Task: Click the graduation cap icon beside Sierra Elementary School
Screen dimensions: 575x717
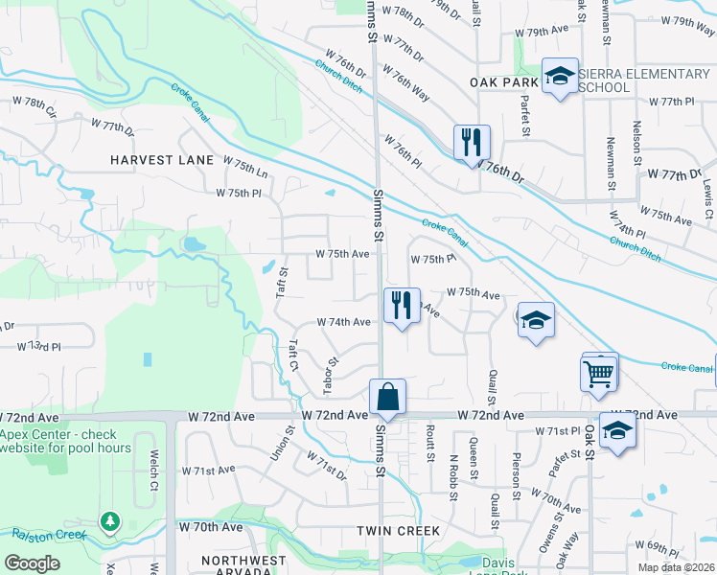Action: tap(559, 77)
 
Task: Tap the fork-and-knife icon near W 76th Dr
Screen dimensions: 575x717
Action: tap(472, 143)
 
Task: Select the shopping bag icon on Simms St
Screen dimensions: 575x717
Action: tap(387, 397)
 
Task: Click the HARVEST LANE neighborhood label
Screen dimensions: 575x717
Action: tap(160, 159)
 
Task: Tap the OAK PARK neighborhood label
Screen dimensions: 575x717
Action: tap(505, 82)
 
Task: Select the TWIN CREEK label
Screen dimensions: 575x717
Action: tap(398, 530)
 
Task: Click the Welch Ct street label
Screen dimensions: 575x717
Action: tap(152, 466)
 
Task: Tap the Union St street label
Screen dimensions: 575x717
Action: tap(276, 443)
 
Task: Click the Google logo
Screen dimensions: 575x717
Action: tap(33, 563)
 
